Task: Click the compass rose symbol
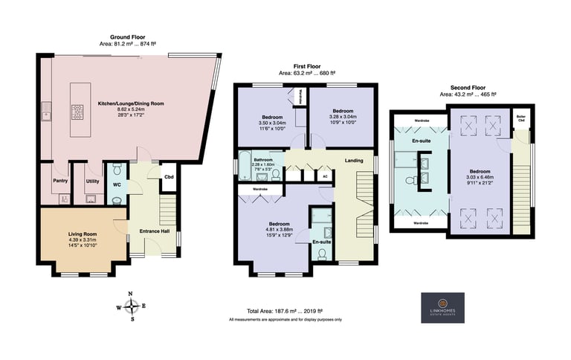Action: [x=132, y=306]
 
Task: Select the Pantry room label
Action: [x=61, y=181]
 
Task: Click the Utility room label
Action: [x=92, y=181]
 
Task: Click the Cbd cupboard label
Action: [x=169, y=176]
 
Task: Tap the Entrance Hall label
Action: [x=152, y=231]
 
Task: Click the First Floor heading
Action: [x=306, y=67]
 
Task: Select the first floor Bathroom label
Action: [x=263, y=160]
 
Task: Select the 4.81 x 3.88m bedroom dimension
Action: [x=279, y=231]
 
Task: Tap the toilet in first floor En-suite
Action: [x=321, y=253]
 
